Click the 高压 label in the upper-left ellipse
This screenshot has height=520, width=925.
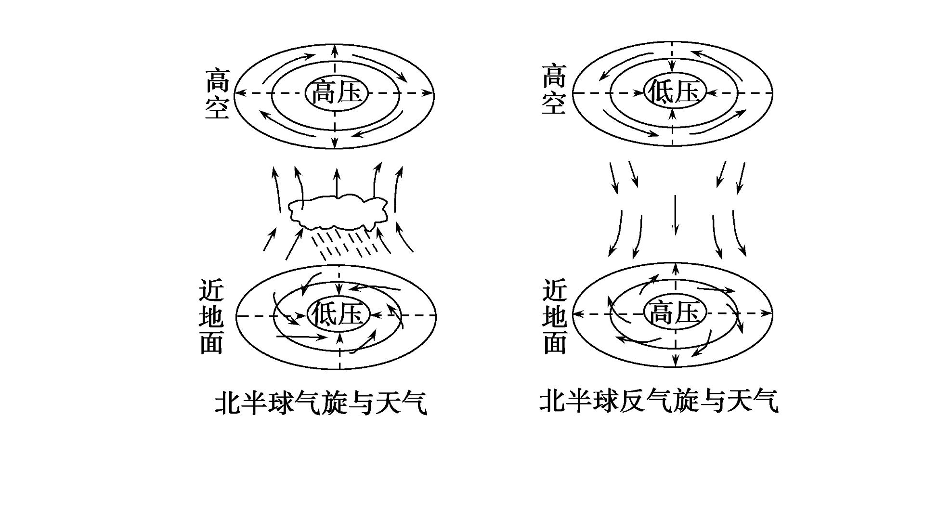pos(337,92)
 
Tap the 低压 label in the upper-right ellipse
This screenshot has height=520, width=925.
pos(674,91)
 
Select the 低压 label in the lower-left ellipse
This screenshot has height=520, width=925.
pos(338,315)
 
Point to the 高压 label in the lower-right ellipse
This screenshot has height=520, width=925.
pos(675,313)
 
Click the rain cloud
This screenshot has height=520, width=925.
pos(338,211)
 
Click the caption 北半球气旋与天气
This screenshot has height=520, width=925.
pos(321,403)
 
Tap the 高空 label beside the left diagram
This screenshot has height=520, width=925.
pos(217,94)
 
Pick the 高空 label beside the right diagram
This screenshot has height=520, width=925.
pos(554,89)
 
